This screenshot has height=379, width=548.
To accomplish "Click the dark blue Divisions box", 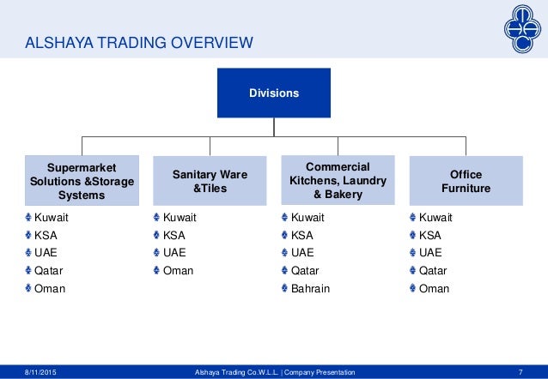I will (274, 92).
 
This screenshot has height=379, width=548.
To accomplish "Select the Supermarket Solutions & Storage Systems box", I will (82, 179).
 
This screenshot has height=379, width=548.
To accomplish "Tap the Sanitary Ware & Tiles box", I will (210, 181).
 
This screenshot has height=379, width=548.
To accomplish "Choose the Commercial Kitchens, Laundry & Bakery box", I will (338, 179).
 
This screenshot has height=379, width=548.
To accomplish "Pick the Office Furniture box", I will (465, 181).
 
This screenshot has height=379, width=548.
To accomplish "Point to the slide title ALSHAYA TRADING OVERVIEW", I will (138, 41).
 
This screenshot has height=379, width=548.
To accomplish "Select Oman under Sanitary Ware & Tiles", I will (178, 271).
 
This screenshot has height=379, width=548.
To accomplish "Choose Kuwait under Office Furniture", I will (435, 218).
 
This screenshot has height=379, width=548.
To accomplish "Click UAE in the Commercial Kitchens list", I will (302, 253).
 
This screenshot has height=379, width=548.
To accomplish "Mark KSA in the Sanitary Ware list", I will (174, 235).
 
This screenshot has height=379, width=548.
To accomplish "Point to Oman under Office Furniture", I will (434, 289).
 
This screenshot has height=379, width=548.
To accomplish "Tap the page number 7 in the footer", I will (521, 371).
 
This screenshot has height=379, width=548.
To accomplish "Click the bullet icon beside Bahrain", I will (284, 289).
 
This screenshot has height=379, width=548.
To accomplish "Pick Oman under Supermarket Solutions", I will (49, 289).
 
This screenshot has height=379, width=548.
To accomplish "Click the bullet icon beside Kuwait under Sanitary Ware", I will (155, 218).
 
